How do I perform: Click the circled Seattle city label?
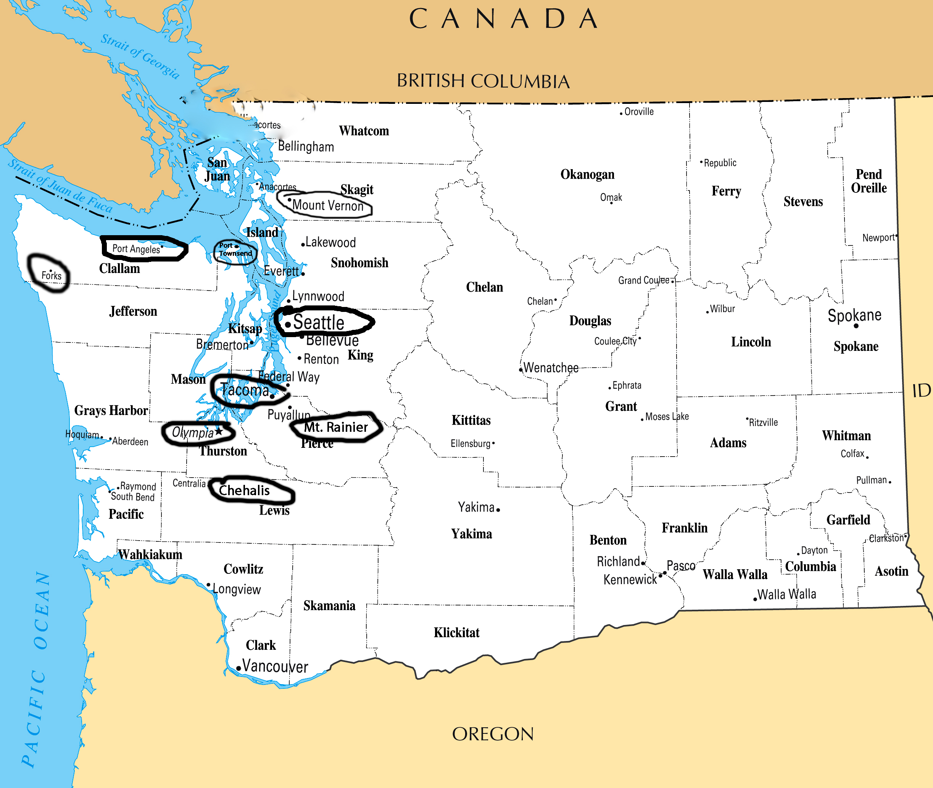click(x=318, y=323)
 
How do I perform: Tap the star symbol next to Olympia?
click(x=219, y=431)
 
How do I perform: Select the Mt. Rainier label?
click(x=336, y=427)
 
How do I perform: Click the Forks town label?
click(x=52, y=276)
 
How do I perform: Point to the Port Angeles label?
click(x=136, y=249)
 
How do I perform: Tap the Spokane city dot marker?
click(x=856, y=326)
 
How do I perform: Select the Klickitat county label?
click(x=456, y=633)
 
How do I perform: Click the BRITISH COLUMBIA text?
click(x=483, y=81)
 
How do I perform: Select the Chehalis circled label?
click(x=244, y=491)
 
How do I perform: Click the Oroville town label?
click(x=638, y=112)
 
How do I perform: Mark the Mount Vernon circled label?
click(x=328, y=205)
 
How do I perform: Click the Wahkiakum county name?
click(x=150, y=554)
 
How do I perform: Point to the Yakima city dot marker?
click(x=498, y=510)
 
